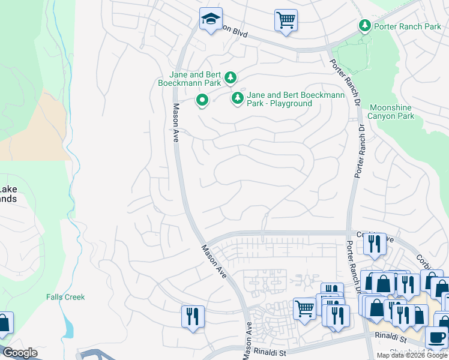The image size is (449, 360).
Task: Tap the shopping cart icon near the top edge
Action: click(286, 20)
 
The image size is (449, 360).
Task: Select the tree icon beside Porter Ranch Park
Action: click(364, 25)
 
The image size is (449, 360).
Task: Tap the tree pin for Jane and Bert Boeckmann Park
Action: click(230, 77)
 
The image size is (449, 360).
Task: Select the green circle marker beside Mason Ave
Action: click(202, 100)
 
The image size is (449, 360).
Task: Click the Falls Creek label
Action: click(65, 297)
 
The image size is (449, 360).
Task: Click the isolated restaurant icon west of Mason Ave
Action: click(193, 316)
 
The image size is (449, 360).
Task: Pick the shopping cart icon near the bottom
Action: click(305, 309)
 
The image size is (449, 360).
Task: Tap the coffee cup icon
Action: click(436, 338)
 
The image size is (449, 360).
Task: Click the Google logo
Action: click(19, 353)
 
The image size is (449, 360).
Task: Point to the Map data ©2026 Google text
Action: click(412, 355)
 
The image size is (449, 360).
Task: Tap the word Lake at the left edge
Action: click(8, 190)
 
